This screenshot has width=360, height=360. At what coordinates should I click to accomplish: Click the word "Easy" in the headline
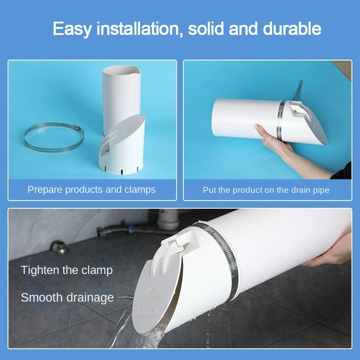[72, 29]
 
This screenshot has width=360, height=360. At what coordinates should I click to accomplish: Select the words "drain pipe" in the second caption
[310, 190]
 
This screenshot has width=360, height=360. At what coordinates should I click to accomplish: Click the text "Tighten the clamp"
[67, 270]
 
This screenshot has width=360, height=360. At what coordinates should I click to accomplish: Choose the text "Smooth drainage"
[67, 298]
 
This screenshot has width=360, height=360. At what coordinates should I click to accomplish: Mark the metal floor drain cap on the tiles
[59, 247]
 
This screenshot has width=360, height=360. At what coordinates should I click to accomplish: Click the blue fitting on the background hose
[131, 229]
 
